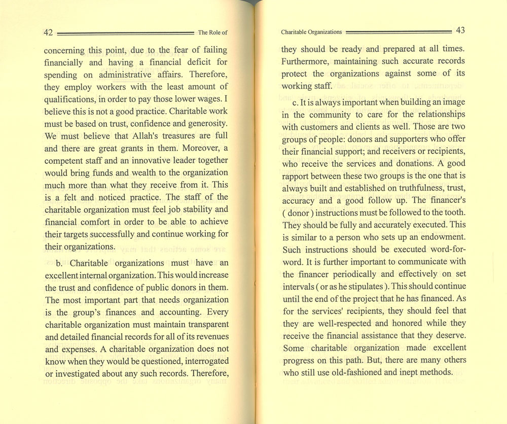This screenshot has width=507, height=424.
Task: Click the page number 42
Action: pyautogui.click(x=49, y=32)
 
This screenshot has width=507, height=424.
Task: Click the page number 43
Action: pyautogui.click(x=460, y=31)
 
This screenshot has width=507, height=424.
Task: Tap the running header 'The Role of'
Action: pyautogui.click(x=212, y=32)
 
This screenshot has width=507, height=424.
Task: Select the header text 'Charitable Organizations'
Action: pyautogui.click(x=312, y=32)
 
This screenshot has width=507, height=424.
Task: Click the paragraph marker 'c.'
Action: pyautogui.click(x=297, y=102)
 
